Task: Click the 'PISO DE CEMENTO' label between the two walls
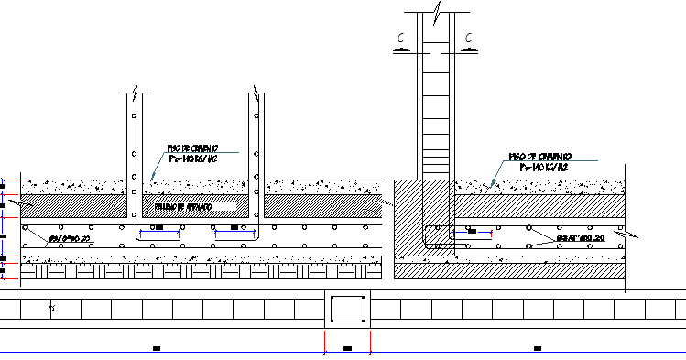(191, 147)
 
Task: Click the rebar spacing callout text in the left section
(70, 238)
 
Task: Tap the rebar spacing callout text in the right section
(581, 239)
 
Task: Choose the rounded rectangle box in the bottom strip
(348, 311)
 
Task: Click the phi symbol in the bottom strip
(50, 311)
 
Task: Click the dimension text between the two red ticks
(347, 348)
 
